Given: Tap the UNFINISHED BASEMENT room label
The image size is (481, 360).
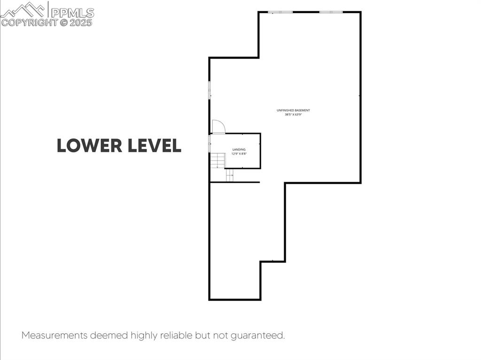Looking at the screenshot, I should (x=293, y=110).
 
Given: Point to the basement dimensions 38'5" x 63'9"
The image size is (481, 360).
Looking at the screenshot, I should (x=293, y=115).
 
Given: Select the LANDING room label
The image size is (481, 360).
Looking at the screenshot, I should (x=239, y=149).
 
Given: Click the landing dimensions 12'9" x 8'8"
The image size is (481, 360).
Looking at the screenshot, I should (x=239, y=154).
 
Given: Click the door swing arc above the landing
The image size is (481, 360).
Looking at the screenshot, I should (x=218, y=127).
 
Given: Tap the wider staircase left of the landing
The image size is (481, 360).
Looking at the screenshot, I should (x=217, y=160).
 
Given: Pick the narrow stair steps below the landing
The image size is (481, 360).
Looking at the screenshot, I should (x=230, y=175).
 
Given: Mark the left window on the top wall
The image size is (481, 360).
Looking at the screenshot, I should (x=280, y=12).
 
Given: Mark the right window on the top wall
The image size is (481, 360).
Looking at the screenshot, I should (x=331, y=12).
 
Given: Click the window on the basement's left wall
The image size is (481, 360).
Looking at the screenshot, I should (x=209, y=89).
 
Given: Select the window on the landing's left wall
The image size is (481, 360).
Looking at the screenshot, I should (x=209, y=143).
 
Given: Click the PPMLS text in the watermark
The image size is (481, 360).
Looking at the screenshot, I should (x=72, y=12).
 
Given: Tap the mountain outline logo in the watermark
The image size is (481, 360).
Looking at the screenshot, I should (x=23, y=9).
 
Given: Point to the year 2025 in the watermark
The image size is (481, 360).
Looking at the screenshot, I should (x=81, y=22).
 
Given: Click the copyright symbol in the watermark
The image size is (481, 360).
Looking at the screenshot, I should (x=63, y=22).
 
